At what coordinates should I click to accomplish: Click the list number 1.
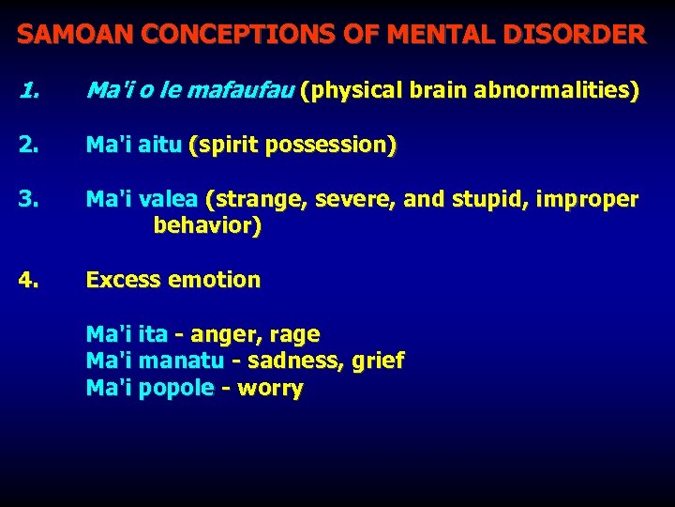(29, 91)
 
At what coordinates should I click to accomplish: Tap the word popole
(175, 388)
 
